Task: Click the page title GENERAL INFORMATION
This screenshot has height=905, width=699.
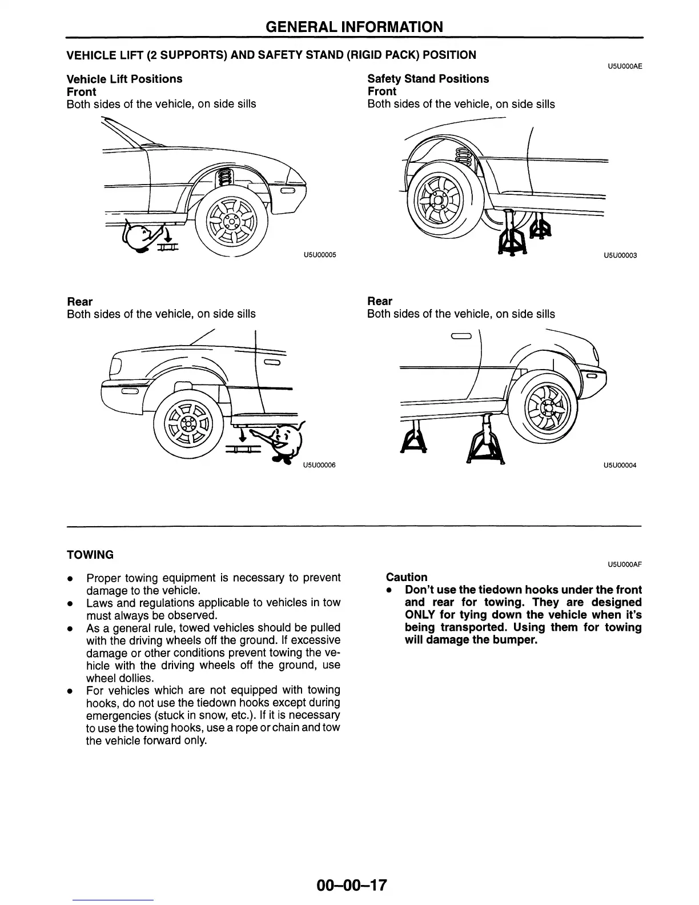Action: (x=354, y=26)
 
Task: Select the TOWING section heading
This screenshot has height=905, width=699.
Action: (x=90, y=555)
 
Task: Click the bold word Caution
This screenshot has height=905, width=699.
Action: (x=407, y=577)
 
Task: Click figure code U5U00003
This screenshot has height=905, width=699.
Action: (x=620, y=255)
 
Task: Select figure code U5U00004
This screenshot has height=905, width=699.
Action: (x=620, y=465)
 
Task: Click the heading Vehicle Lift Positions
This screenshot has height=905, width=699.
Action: (x=124, y=79)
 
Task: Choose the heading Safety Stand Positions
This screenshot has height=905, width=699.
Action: (x=428, y=79)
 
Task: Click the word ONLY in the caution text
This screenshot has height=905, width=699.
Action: (x=420, y=615)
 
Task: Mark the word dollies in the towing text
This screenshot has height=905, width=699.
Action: (x=135, y=678)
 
